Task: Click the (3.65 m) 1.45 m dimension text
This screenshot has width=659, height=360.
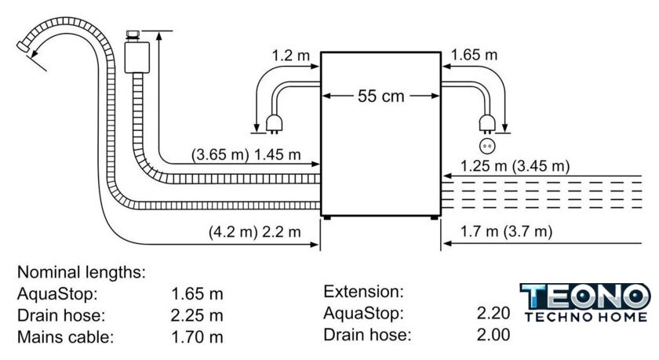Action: click(x=246, y=156)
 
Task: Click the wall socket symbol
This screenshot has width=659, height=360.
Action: click(x=487, y=145)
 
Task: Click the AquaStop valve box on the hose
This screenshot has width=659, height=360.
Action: click(x=136, y=55)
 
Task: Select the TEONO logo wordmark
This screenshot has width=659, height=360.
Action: click(x=584, y=297)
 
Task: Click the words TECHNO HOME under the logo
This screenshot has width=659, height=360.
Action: click(x=585, y=317)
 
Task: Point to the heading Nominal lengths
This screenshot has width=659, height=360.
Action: click(x=82, y=273)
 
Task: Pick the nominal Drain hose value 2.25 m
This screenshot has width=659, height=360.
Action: click(x=198, y=316)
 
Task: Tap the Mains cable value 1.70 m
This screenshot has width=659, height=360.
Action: click(x=198, y=338)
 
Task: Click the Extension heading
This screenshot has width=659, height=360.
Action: click(x=363, y=292)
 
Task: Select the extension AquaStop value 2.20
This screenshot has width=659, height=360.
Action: click(x=493, y=314)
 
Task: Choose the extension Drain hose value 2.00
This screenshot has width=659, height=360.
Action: click(x=493, y=335)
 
